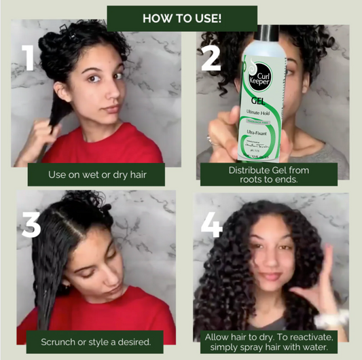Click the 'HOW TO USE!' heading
click(x=181, y=18)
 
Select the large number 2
click(x=211, y=58)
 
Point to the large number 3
click(x=31, y=223)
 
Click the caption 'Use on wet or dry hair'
click(x=97, y=175)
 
